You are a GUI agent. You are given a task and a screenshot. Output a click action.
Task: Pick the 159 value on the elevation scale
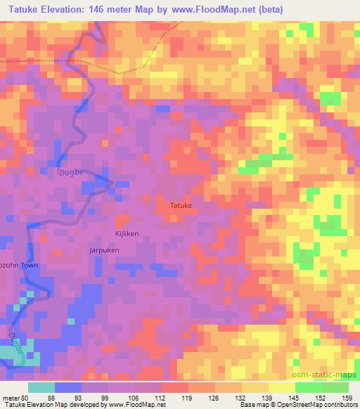click(x=347, y=397)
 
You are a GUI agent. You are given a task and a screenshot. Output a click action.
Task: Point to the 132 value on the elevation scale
click(x=241, y=397)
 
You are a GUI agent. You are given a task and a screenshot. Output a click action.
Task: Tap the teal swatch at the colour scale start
click(x=41, y=387)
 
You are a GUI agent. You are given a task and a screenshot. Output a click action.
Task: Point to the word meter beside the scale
click(x=13, y=397)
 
